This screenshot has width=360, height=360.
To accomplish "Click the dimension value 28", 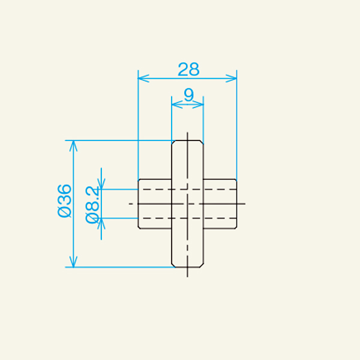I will coord(188,70).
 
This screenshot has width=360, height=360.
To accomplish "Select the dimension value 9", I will coord(188,94).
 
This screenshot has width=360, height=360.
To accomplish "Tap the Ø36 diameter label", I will coord(64,202).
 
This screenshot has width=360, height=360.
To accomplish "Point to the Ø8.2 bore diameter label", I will coord(92,204).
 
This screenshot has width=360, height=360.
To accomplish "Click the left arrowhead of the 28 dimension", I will coord(142,77).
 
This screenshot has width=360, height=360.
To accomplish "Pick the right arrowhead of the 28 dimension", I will coord(233,77).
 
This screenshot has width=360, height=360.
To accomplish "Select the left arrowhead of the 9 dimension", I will coord(175,104).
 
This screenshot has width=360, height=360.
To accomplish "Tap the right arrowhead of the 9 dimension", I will coord(200,104).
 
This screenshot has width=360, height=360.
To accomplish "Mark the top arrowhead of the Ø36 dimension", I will coord(73,144).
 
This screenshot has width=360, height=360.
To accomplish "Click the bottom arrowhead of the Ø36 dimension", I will coord(73,263).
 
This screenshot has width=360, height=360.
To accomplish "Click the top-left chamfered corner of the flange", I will coord(173,142).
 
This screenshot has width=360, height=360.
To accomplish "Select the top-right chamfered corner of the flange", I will coord(202,142).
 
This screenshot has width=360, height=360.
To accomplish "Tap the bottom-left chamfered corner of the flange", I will coord(173,265).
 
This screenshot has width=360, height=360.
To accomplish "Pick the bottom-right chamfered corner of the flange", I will coord(202,265).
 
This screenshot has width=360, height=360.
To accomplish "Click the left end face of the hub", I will coord(139,204).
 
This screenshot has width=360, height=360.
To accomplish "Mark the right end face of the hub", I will coord(237,204).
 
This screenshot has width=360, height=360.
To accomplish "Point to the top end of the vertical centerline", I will coord(188,134).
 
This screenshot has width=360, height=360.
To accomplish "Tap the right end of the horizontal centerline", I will coord(245,204).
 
